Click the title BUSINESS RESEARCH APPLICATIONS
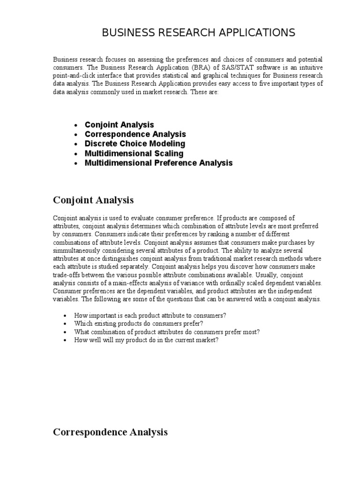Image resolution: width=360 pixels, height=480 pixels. [x=199, y=32]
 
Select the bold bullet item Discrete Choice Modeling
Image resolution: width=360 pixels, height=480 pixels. [x=135, y=143]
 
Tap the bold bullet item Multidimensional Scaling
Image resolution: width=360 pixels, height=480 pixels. [x=134, y=153]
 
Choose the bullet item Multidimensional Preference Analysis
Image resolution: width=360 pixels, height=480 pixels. [x=158, y=163]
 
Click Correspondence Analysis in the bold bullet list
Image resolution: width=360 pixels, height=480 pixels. [x=135, y=134]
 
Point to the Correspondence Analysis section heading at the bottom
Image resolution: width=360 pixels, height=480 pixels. [x=110, y=432]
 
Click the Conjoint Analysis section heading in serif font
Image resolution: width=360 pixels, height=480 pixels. [x=93, y=200]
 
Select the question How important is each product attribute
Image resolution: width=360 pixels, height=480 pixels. [x=150, y=315]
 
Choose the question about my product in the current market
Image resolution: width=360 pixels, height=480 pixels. [x=146, y=340]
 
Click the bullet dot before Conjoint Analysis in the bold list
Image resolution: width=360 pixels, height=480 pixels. [x=76, y=125]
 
